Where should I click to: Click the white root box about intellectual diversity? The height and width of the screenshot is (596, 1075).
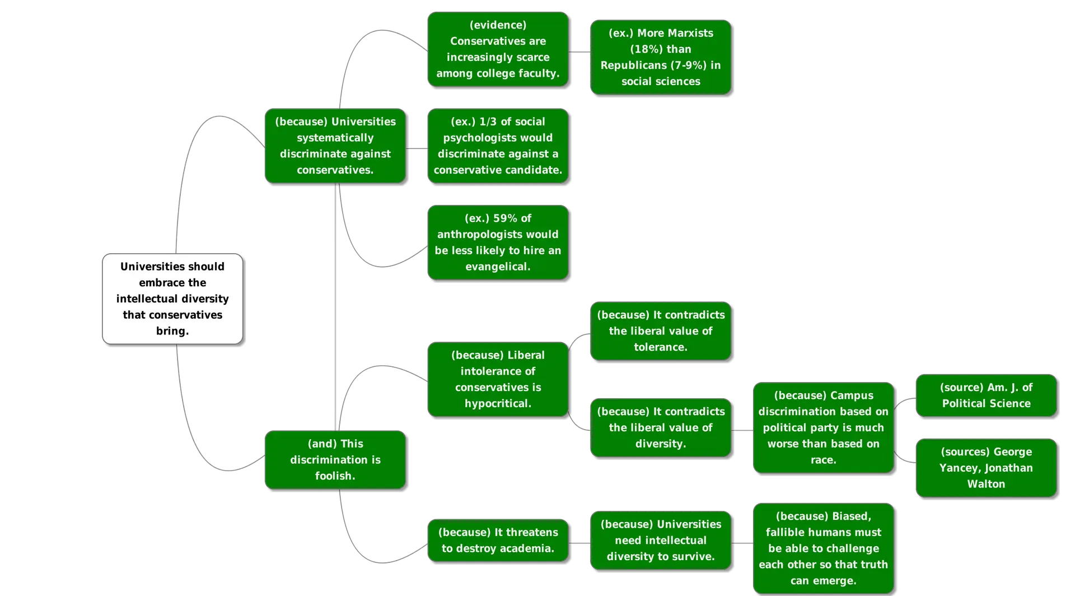[172, 299]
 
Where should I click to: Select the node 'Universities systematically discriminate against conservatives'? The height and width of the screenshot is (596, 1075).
[335, 146]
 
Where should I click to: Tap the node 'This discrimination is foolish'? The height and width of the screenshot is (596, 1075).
[335, 459]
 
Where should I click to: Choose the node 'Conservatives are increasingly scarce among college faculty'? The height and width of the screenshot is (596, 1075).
[498, 49]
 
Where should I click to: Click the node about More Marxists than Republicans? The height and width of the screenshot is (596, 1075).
[661, 57]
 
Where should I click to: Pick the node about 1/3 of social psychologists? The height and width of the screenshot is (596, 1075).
[498, 146]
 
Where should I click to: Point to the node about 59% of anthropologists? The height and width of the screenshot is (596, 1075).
[498, 242]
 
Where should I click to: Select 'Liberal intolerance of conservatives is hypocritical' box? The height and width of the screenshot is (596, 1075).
[498, 379]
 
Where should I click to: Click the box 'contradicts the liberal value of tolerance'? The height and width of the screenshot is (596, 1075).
[661, 331]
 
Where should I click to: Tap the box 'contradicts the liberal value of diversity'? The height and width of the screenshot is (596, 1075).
[661, 427]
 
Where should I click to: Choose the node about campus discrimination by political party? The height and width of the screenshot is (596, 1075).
[823, 427]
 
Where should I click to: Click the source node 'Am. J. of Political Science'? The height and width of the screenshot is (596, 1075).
[986, 395]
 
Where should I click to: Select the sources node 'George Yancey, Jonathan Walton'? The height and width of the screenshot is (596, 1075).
[986, 468]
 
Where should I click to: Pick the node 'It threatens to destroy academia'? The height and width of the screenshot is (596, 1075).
[498, 540]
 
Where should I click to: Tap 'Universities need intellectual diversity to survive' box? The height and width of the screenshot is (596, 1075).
[661, 540]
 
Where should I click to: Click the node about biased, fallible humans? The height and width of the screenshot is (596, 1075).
[823, 548]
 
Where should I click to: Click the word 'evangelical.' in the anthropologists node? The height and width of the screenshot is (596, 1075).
[498, 267]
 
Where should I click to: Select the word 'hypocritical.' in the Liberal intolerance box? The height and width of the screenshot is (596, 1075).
[498, 403]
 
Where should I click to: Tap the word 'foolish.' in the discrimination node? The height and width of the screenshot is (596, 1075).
[335, 476]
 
